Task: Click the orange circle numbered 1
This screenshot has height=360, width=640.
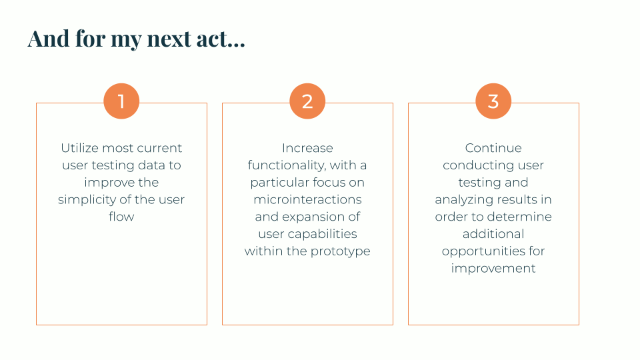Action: pos(121,101)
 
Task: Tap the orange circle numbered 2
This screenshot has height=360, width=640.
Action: pos(307,101)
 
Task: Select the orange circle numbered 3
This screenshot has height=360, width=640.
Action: pos(493,101)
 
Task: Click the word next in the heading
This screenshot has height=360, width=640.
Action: pos(169,39)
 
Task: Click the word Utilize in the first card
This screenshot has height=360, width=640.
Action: pos(79,148)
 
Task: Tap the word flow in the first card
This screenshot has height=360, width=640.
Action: pos(121,217)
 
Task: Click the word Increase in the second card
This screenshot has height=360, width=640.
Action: pos(307,148)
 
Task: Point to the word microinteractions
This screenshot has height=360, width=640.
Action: pos(307,199)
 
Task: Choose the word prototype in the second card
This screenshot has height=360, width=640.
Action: pos(343,251)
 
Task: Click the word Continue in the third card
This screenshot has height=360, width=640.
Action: pos(493,148)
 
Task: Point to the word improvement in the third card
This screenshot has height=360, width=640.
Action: pos(493,269)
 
